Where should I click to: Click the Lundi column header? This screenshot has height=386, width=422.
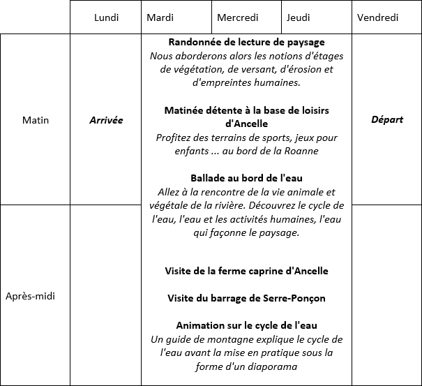point(106,17)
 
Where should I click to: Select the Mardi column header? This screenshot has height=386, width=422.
point(160,17)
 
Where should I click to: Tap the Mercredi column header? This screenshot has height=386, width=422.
point(237,17)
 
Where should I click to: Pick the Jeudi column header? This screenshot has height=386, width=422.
point(298,17)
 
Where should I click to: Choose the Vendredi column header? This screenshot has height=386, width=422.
point(377,17)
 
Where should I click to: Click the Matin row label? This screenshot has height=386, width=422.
point(36,120)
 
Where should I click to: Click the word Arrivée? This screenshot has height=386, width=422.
point(106,120)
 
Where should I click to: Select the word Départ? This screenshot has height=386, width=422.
point(387,119)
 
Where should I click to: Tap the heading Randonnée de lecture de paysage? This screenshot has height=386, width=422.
point(246,43)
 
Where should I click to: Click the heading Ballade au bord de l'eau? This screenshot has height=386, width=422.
point(246,178)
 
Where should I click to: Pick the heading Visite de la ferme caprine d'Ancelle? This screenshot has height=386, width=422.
point(246,271)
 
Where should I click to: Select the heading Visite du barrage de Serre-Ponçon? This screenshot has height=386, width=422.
point(246,298)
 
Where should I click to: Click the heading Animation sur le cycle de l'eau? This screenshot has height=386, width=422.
point(246,325)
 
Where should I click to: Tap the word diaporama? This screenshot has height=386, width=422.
point(269,366)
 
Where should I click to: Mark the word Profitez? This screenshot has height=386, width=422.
point(175,138)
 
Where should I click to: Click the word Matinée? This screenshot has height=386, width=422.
point(185,110)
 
